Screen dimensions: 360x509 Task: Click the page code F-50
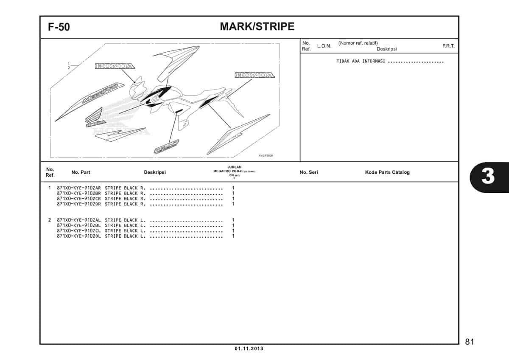pos(59,27)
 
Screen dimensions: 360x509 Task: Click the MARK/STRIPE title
pos(257,26)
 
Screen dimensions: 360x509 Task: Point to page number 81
pos(470,342)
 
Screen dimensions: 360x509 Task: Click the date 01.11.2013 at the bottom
pos(249,349)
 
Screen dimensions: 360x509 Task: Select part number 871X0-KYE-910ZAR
pos(78,188)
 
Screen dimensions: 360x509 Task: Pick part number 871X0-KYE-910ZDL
pos(78,236)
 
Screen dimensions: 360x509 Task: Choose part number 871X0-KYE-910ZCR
pos(78,199)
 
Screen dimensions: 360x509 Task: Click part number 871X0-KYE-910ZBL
pos(78,225)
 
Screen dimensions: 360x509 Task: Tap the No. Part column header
pos(81,172)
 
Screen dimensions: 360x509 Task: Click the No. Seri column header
pos(308,172)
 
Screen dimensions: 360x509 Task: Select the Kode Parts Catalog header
pos(387,172)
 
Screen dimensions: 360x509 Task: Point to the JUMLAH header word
pos(234,167)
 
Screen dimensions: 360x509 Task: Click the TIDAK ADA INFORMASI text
pos(361,61)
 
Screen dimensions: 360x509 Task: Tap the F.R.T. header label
pos(448,46)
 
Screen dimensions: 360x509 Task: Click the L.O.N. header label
pos(324,46)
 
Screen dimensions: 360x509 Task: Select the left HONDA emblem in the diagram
pos(115,66)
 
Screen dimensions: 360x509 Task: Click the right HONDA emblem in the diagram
pos(255,75)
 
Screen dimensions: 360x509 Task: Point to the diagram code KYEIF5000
pos(266,155)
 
